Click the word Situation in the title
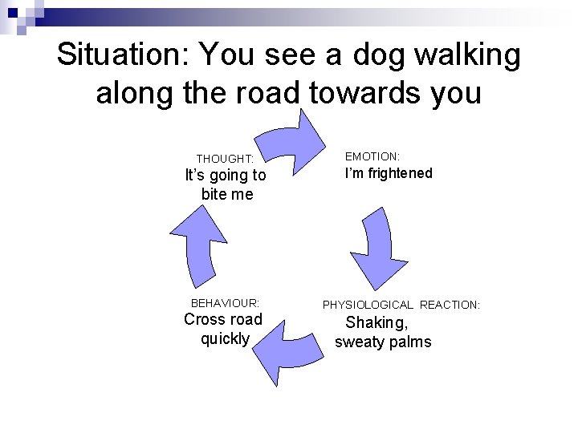point(122,56)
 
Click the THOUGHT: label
point(225,159)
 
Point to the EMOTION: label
point(372,156)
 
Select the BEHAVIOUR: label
point(225,303)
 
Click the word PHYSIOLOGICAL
point(368,305)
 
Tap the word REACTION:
point(450,305)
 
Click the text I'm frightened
point(389,173)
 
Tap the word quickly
point(225,338)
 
